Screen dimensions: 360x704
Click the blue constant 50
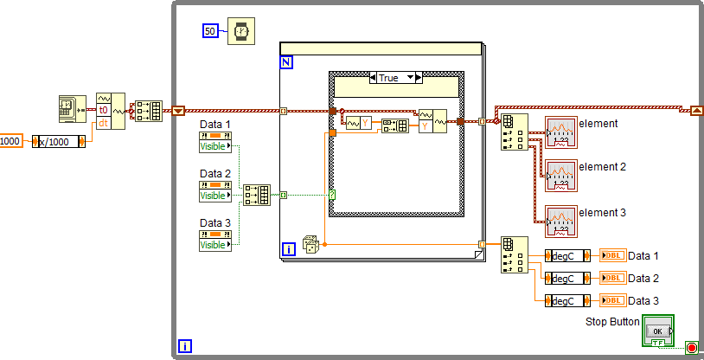click(x=210, y=31)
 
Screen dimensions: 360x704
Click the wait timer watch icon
click(x=241, y=31)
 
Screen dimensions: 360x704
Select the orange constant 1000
click(x=10, y=141)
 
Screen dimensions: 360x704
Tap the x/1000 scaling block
click(x=58, y=141)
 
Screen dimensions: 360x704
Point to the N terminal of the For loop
click(x=287, y=63)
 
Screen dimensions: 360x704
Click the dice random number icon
click(x=310, y=245)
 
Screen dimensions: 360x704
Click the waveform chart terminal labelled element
click(x=560, y=132)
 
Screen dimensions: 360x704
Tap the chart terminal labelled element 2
click(x=560, y=176)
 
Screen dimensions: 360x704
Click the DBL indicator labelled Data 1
click(x=612, y=255)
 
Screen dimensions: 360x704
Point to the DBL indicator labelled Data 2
click(x=612, y=278)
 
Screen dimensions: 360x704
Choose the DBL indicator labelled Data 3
click(x=612, y=300)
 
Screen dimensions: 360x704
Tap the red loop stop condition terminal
click(x=691, y=347)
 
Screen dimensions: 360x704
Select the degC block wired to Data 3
click(x=567, y=300)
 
